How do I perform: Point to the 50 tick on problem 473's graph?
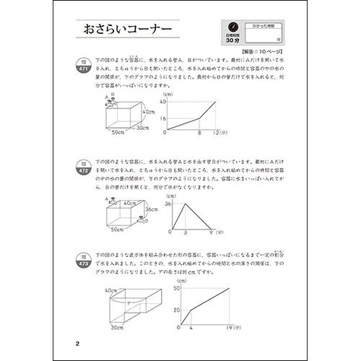(x=175, y=289)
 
